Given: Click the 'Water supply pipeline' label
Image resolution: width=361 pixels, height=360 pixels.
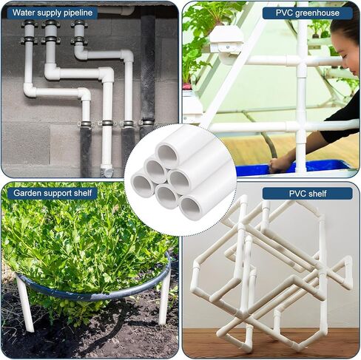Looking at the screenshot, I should click(52, 13).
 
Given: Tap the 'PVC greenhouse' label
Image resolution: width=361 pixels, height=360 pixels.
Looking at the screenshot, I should click(307, 13).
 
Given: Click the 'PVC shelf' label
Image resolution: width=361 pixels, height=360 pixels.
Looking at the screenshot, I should click(307, 193).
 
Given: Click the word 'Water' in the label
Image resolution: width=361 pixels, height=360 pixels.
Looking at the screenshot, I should click(23, 13).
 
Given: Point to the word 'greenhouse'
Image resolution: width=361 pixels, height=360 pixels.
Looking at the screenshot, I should click(318, 13).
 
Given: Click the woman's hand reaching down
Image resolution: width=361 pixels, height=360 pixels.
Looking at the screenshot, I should click(281, 163).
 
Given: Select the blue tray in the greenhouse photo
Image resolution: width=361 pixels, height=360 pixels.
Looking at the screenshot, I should click(311, 167).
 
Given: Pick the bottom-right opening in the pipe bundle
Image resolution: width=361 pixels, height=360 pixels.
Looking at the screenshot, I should click(190, 207).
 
